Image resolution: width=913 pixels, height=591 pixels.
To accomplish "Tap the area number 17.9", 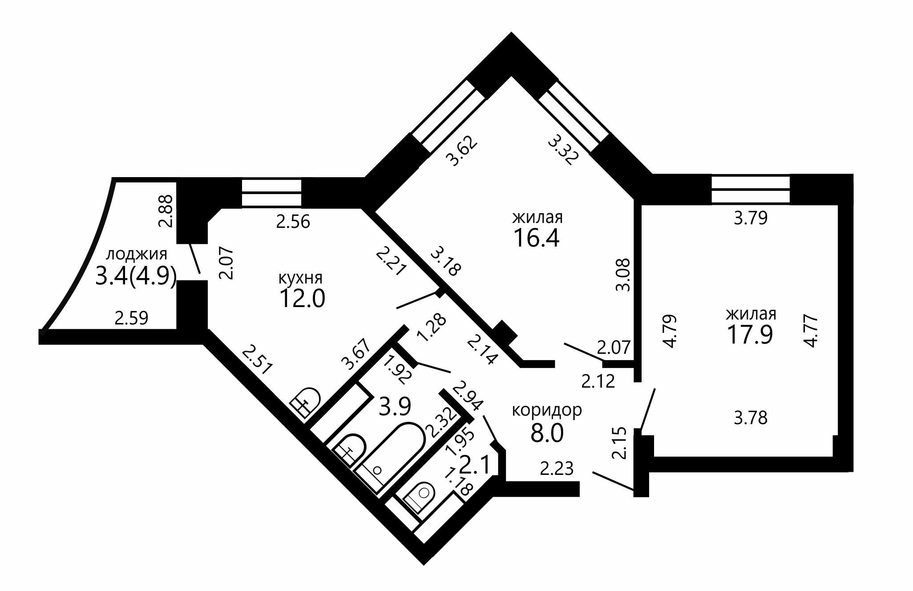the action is [x=750, y=335].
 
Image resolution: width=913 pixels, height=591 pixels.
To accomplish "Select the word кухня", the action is [x=300, y=278].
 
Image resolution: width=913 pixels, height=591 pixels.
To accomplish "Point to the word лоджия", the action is [x=137, y=255].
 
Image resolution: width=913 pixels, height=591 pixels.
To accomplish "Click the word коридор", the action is [x=547, y=410].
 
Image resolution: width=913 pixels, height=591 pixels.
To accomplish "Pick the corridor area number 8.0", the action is [x=547, y=433].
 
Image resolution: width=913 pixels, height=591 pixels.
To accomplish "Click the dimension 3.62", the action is [x=462, y=151].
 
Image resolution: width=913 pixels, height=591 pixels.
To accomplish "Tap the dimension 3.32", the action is [x=563, y=150].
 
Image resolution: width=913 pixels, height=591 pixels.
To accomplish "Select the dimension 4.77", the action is [x=810, y=330].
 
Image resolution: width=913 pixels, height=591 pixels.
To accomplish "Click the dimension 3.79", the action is [x=751, y=219].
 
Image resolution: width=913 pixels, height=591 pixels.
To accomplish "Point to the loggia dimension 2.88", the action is [x=166, y=210].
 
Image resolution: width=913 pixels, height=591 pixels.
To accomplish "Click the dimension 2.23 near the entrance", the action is [x=557, y=469].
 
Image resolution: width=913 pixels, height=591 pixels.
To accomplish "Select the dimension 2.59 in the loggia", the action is [x=131, y=318].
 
